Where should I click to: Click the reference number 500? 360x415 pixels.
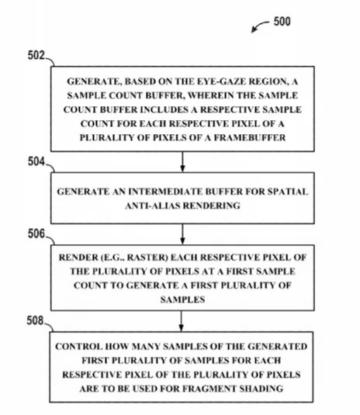tap(282, 22)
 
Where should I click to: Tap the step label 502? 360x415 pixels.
tap(36, 55)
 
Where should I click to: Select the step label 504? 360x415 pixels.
tap(36, 161)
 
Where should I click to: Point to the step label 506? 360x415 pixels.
tap(36, 233)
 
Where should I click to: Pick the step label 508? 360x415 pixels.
tap(35, 320)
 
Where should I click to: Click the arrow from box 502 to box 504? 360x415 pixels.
tap(182, 161)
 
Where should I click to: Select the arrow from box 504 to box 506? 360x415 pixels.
tap(182, 234)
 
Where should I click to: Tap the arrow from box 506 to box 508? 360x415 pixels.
tap(182, 321)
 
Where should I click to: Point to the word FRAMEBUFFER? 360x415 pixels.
tap(250, 137)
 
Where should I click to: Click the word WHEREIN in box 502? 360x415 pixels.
tap(211, 95)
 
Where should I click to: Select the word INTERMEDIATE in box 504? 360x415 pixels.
tap(165, 192)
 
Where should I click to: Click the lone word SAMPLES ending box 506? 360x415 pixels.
tap(182, 299)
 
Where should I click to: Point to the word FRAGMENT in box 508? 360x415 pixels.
tap(209, 389)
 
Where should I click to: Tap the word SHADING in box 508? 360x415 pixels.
tap(261, 389)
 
